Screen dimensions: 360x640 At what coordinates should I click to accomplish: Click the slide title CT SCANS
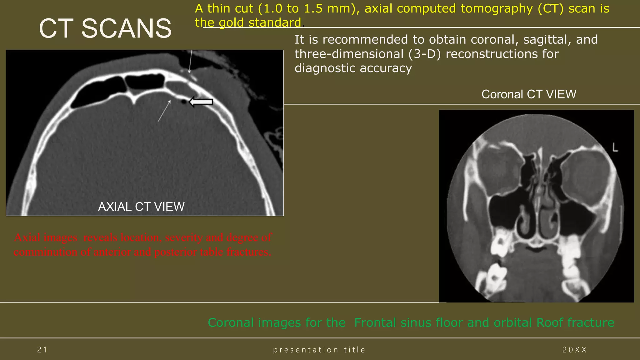(x=105, y=28)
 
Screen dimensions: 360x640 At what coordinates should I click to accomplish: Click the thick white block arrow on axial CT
(x=201, y=102)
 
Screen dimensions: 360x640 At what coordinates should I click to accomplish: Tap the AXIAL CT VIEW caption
(x=141, y=207)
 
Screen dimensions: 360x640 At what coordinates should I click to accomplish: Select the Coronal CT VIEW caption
(x=529, y=94)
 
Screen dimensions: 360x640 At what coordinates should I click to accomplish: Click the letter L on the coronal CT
(x=615, y=147)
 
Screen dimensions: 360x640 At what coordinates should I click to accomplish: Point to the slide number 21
(x=42, y=350)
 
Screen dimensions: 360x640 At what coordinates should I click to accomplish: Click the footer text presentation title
(x=319, y=350)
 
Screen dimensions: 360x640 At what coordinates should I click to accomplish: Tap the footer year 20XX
(x=574, y=350)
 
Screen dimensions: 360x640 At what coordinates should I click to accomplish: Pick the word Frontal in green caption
(x=375, y=322)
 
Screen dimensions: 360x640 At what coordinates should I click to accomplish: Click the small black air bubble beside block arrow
(x=184, y=102)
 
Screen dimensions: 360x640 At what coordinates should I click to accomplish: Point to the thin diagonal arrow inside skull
(x=164, y=111)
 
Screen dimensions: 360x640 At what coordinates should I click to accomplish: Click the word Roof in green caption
(x=550, y=322)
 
